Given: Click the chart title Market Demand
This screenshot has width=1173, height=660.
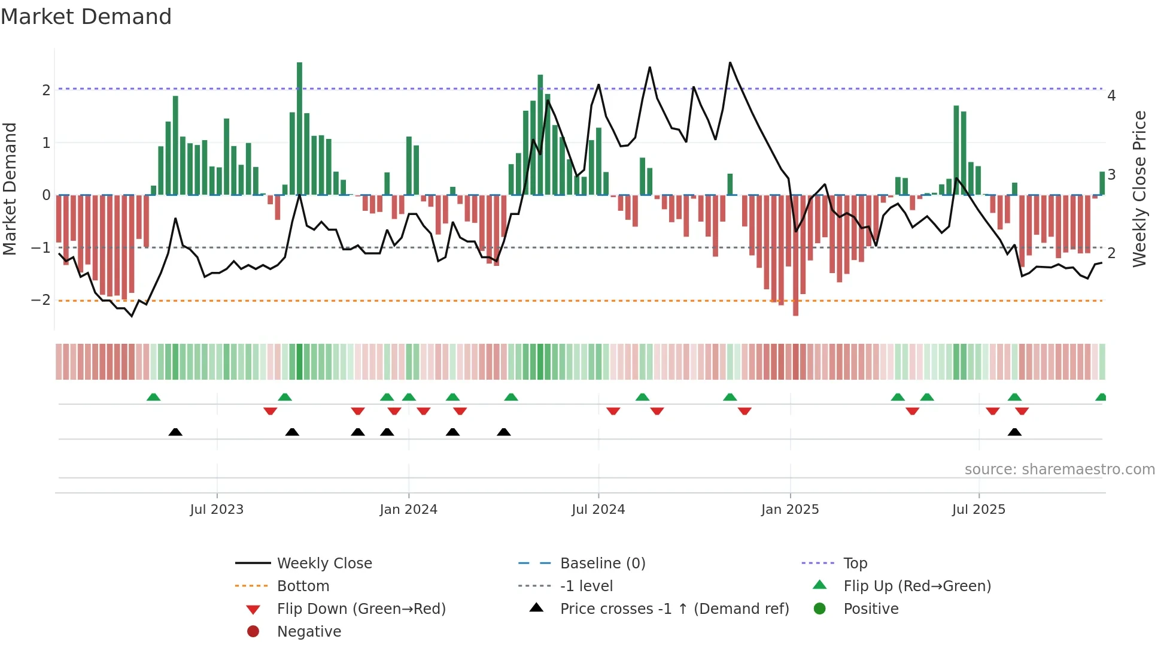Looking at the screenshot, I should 86,17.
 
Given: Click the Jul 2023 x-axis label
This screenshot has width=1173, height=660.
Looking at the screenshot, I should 217,510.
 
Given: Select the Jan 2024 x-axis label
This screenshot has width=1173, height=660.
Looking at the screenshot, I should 409,510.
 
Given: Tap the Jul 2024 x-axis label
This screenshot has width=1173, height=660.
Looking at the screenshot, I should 598,510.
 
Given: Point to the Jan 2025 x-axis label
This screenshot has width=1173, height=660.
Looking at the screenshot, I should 790,510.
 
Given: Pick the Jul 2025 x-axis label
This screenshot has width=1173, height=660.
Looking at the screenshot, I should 978,510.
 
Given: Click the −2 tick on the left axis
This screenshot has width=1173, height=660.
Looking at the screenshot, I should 41,300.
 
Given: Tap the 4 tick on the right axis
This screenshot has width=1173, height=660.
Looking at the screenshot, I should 1111,96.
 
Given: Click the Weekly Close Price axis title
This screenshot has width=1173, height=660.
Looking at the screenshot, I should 1139,189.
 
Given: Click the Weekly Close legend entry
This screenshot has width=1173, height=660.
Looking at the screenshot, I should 324,564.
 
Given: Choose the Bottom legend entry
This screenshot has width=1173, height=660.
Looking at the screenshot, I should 303,586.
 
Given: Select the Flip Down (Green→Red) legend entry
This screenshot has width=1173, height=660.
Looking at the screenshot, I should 361,609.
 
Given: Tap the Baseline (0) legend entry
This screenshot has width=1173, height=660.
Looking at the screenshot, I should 602,564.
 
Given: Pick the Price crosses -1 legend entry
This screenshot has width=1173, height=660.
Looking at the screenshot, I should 674,609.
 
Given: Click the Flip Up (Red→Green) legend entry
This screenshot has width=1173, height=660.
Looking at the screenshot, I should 917,586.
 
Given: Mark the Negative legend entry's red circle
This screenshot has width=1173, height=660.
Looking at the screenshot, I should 253,631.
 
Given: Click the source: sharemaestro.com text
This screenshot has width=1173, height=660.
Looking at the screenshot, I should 1059,470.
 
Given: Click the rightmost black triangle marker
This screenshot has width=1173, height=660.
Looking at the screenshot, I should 1014,432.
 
